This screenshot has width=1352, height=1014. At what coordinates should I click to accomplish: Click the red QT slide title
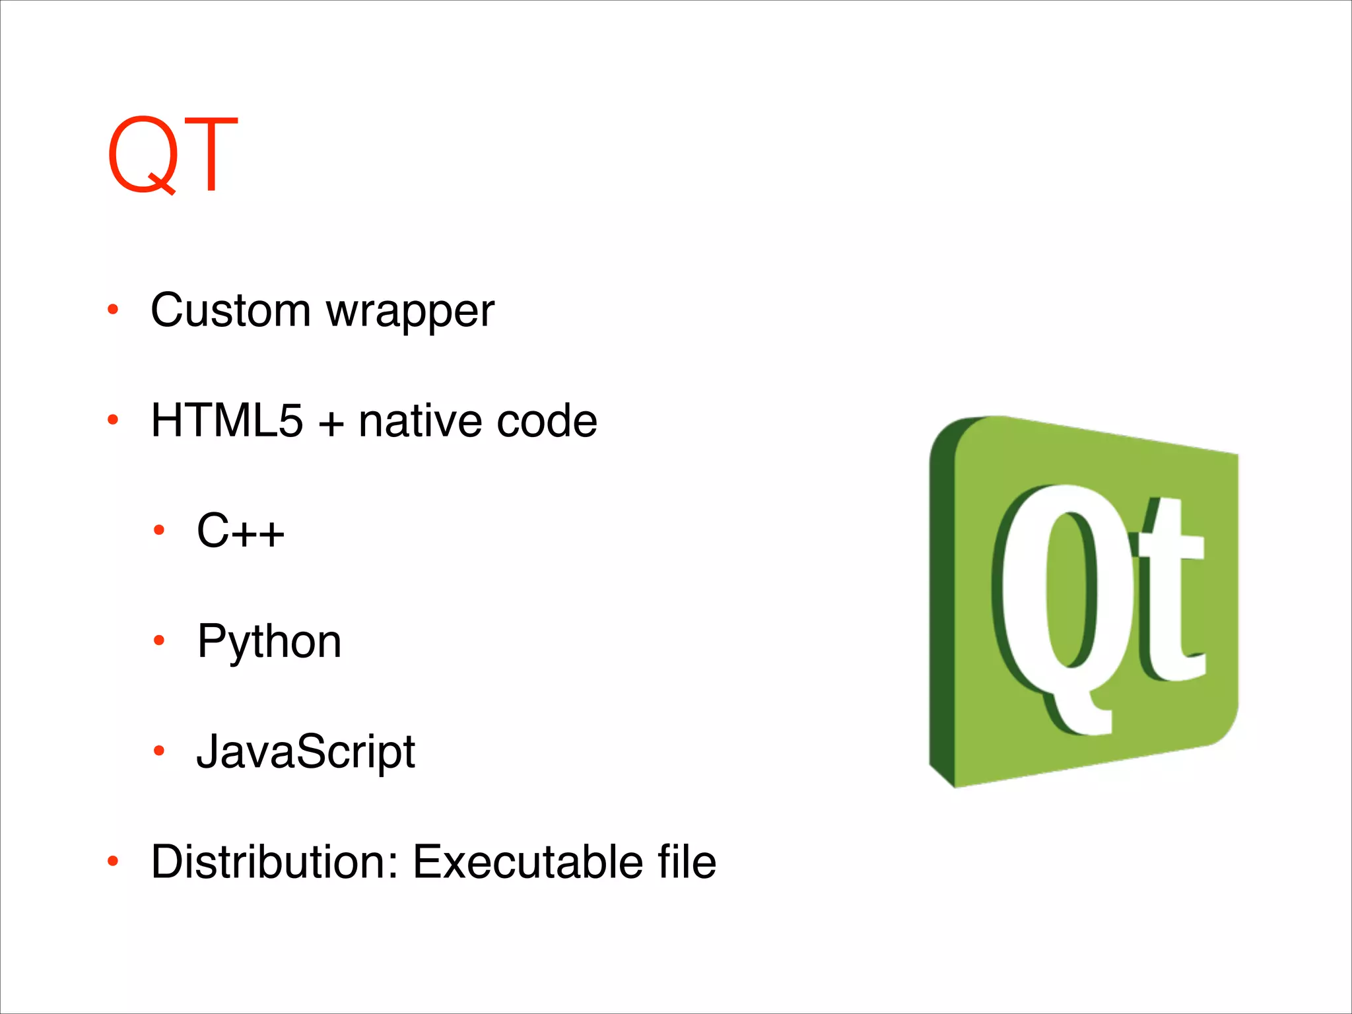click(x=172, y=156)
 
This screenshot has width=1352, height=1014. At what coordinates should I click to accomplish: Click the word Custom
click(x=230, y=310)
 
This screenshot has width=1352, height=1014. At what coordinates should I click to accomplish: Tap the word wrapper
click(x=410, y=312)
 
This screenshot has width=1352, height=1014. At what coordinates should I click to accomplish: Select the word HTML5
click(x=226, y=421)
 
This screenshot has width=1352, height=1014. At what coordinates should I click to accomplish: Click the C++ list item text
click(x=240, y=531)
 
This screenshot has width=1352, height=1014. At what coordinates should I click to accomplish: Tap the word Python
click(x=269, y=642)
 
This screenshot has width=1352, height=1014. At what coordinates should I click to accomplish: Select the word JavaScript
click(x=306, y=753)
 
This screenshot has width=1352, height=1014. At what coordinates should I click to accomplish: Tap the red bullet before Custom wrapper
click(x=113, y=309)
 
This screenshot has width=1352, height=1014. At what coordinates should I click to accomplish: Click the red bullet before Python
click(x=158, y=640)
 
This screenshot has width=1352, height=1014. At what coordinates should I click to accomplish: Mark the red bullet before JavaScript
click(x=158, y=751)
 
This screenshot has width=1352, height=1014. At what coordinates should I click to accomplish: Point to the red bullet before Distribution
click(x=113, y=861)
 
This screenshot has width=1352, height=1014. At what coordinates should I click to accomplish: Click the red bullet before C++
click(x=158, y=529)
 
